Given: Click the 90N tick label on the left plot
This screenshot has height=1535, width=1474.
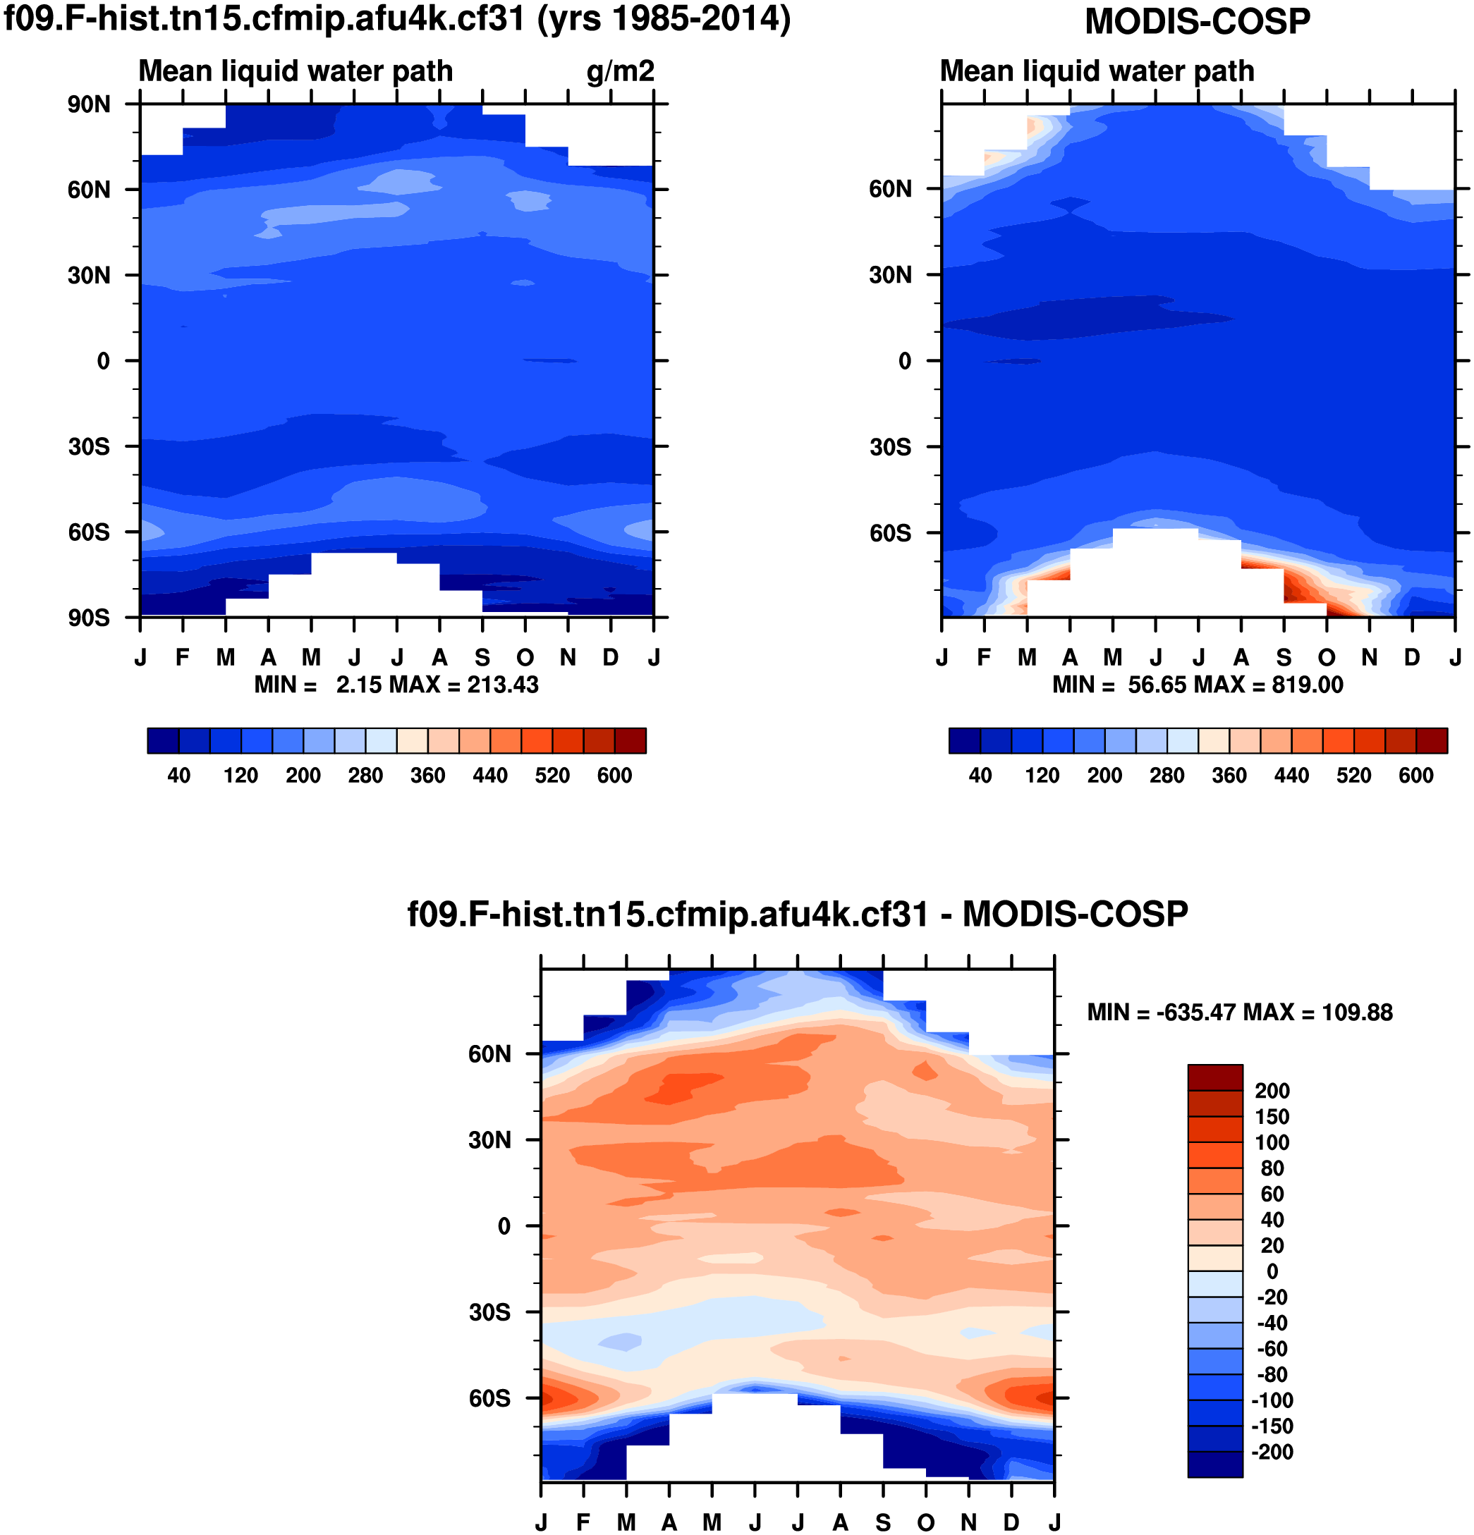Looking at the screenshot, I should [x=87, y=104].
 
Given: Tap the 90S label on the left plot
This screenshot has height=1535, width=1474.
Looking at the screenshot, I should [x=87, y=618].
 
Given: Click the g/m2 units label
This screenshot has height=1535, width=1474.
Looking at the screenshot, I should [x=619, y=71].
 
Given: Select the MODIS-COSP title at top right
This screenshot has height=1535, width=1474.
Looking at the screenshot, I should [x=1197, y=21].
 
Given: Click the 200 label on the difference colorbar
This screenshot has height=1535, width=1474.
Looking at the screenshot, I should [x=1272, y=1091].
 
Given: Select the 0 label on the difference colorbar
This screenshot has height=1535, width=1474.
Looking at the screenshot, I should [x=1272, y=1271].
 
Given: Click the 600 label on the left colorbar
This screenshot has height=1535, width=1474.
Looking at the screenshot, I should [x=614, y=776].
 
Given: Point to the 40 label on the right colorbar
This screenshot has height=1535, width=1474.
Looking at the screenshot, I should [x=980, y=776].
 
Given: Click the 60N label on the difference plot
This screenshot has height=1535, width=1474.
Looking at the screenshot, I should [x=489, y=1054].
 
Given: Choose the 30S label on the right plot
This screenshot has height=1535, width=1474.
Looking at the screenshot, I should [x=890, y=447].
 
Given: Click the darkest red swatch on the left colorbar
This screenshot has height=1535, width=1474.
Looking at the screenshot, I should [x=631, y=741].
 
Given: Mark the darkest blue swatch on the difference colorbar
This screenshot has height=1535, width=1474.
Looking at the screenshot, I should [x=1214, y=1464].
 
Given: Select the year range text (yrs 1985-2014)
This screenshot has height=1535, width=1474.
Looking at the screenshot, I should [x=664, y=19].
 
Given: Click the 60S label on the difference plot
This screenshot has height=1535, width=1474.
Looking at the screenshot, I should [x=489, y=1398].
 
